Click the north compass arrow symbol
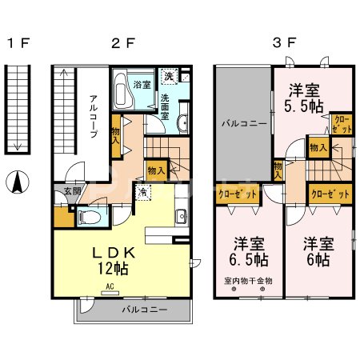[15, 183]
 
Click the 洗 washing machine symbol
[169, 77]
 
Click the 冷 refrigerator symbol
[142, 192]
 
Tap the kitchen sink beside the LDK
[181, 216]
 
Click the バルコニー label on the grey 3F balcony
[243, 124]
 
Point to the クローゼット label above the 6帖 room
[329, 194]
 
